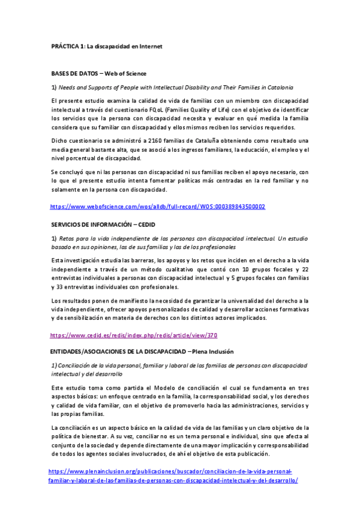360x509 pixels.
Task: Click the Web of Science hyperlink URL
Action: [158, 206]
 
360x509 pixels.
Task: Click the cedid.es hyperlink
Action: [134, 336]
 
